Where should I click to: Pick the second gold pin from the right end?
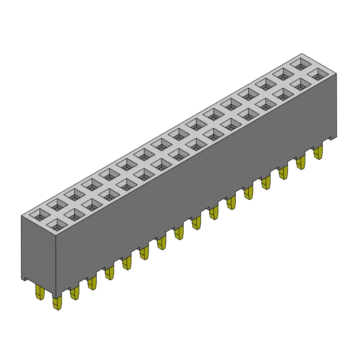(x=301, y=162)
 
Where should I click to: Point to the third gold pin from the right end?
(x=283, y=172)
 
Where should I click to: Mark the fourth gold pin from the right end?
(x=266, y=182)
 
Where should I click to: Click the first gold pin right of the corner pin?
(x=75, y=293)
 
